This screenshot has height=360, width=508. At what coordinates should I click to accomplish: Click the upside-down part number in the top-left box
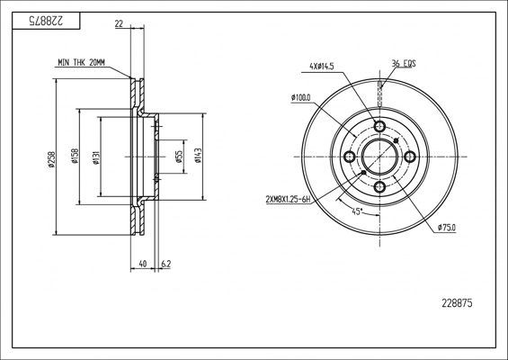coord(47,21)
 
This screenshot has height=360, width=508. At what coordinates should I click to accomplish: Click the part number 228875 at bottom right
coord(457,303)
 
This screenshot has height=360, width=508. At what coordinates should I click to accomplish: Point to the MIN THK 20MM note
coord(81,63)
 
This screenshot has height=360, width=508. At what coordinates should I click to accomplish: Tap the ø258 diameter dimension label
coord(51,159)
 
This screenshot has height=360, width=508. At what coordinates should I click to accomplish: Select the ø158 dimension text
coord(76,156)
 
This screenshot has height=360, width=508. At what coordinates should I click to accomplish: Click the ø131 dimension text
coord(96,157)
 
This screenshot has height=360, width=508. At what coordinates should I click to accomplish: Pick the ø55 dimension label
coord(180,157)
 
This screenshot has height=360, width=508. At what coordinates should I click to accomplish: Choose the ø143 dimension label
coord(198,156)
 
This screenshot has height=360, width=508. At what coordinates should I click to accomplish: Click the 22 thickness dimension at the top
coord(120,23)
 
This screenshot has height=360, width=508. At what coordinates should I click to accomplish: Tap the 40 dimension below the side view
coord(143,264)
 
